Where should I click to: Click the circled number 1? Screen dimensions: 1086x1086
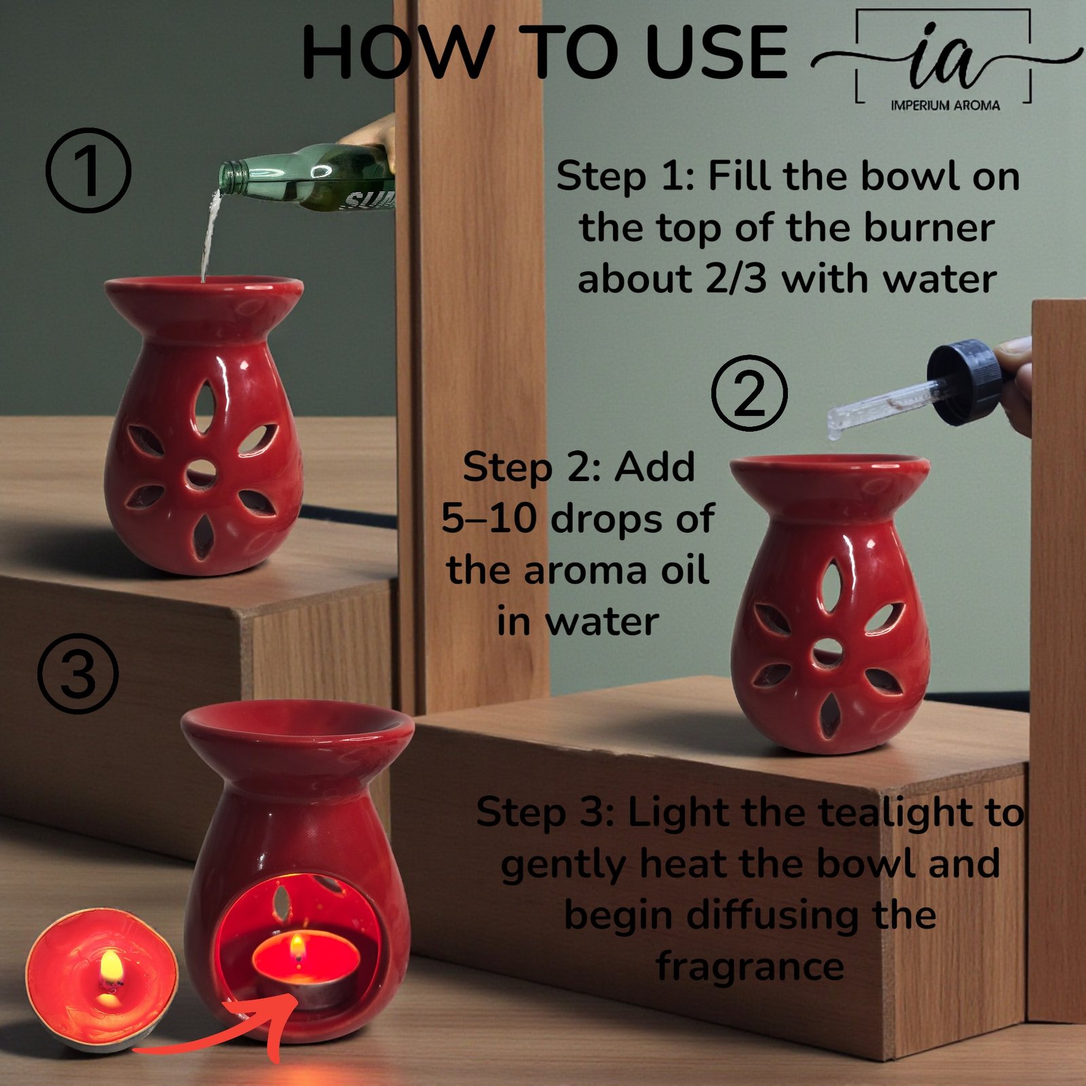(88, 170)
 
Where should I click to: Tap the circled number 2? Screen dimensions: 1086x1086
(749, 392)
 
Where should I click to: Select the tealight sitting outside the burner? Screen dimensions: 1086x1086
(102, 977)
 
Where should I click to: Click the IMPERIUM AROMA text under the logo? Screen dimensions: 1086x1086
(945, 105)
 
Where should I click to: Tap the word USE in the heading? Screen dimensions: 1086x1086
(715, 53)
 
